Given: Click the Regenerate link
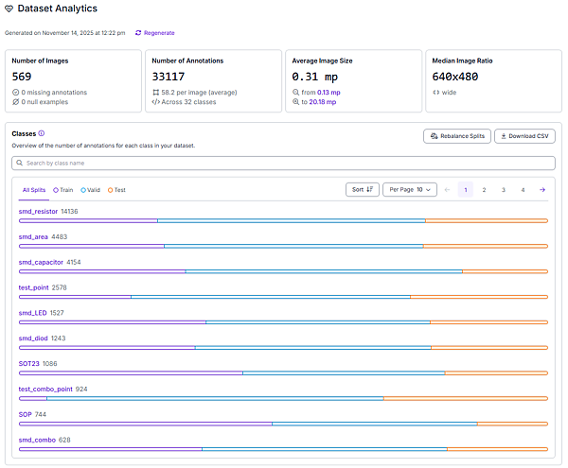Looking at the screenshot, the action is coord(155,33).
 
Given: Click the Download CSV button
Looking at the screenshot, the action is coord(524,136).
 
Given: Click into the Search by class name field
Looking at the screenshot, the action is coord(283,164).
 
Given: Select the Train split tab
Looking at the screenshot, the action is coord(63,190).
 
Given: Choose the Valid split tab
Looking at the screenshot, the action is coord(90,190).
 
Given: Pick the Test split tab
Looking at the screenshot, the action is coord(116,190).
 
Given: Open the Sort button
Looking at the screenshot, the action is coord(363,189).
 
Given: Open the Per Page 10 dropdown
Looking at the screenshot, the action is coord(410,189).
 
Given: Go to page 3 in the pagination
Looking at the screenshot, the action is coord(504,190).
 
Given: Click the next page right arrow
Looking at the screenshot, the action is coord(542,190).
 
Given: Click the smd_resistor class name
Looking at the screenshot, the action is coord(38,212).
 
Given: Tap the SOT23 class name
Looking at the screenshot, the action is coord(29,363).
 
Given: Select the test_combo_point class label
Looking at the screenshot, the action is coord(45,390).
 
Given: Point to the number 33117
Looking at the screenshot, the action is coord(169,77).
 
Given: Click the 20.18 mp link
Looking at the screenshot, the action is coord(323,102).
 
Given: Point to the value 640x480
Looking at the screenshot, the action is coord(455,77).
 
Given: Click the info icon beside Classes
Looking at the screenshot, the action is coord(42,133).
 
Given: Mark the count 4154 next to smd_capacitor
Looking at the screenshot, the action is coord(74,262).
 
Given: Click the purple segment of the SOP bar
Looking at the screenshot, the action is coord(146,424).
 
